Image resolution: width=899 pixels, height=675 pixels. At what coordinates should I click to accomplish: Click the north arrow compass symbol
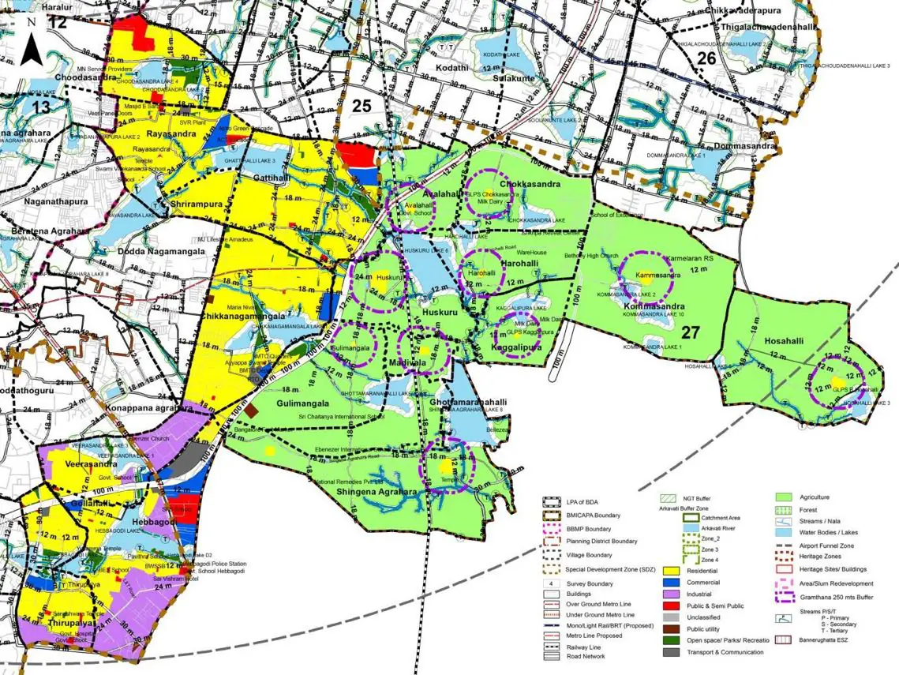[31, 43]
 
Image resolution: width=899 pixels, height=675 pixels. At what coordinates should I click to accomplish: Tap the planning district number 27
[691, 332]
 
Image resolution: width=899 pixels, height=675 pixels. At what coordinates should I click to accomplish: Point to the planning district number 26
[706, 58]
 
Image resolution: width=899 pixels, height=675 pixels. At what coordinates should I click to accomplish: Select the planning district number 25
[361, 106]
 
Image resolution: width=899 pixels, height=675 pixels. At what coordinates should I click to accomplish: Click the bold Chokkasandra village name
[530, 184]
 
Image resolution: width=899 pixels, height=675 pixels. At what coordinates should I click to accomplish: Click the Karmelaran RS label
[690, 259]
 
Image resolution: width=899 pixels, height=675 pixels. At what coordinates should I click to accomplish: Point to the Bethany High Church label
[591, 257]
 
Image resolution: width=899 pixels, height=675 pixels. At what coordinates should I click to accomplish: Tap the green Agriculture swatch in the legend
[784, 497]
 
